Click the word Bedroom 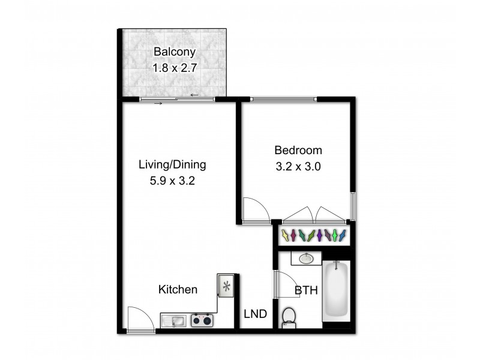[x=298, y=150]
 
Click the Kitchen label [x=178, y=290]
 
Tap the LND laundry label [x=255, y=314]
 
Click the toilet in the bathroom [x=289, y=316]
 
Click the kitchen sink [x=174, y=321]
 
